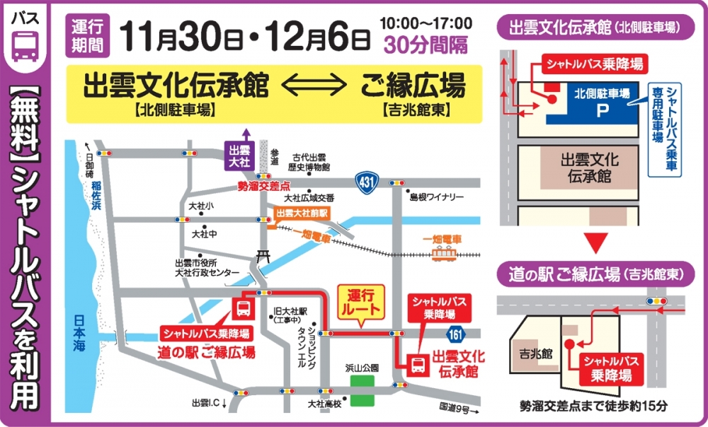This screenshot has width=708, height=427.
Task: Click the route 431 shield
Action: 367,182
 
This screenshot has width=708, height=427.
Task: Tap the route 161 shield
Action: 456,332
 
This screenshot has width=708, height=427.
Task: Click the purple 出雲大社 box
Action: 236,155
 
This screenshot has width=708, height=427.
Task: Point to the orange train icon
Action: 443,253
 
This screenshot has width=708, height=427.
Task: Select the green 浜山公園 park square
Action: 362,390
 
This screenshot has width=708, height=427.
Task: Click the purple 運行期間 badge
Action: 88,36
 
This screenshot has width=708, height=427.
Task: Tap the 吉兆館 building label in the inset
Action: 535,351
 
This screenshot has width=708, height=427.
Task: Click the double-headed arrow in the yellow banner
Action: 314,88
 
